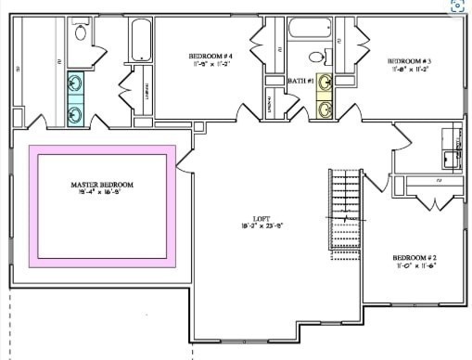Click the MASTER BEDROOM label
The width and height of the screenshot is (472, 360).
pyautogui.click(x=102, y=184)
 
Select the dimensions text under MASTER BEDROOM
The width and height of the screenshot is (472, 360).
pyautogui.click(x=102, y=192)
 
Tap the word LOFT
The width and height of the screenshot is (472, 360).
pyautogui.click(x=248, y=217)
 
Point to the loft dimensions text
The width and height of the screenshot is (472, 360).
pyautogui.click(x=248, y=225)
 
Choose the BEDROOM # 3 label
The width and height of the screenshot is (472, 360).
pyautogui.click(x=408, y=59)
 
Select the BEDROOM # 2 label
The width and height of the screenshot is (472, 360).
pyautogui.click(x=414, y=257)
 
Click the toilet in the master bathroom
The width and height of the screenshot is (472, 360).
pyautogui.click(x=80, y=34)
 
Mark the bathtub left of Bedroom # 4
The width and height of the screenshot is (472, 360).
pyautogui.click(x=140, y=41)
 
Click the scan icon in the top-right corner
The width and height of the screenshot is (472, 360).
pyautogui.click(x=458, y=6)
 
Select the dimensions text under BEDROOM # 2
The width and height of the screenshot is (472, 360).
pyautogui.click(x=414, y=265)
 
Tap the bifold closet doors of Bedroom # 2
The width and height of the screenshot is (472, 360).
pyautogui.click(x=429, y=201)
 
